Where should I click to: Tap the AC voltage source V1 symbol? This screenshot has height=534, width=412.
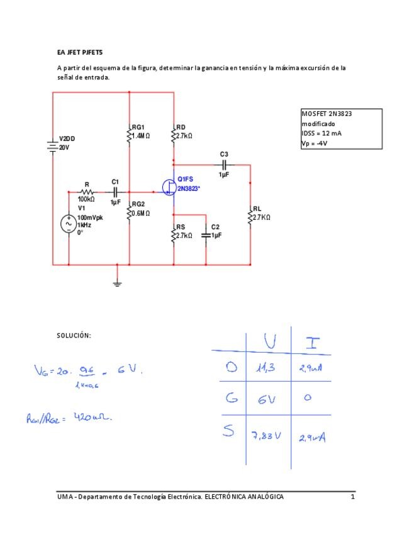click(68, 224)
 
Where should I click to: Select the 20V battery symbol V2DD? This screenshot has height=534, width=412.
click(52, 145)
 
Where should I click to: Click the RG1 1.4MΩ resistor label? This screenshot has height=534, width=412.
click(140, 131)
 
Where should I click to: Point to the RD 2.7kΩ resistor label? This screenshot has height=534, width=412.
click(184, 131)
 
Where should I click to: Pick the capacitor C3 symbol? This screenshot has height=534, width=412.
click(225, 164)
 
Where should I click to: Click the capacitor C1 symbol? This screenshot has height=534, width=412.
click(115, 192)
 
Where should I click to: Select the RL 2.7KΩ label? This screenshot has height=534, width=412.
click(261, 213)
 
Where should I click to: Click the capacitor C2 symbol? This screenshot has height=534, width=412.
click(206, 235)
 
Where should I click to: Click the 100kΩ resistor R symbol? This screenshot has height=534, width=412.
click(87, 192)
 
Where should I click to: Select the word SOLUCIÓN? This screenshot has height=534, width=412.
click(74, 336)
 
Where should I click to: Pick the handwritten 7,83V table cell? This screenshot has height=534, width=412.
click(266, 436)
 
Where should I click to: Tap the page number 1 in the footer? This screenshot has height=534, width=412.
click(353, 497)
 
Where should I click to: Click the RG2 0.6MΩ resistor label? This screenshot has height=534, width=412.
click(140, 208)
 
